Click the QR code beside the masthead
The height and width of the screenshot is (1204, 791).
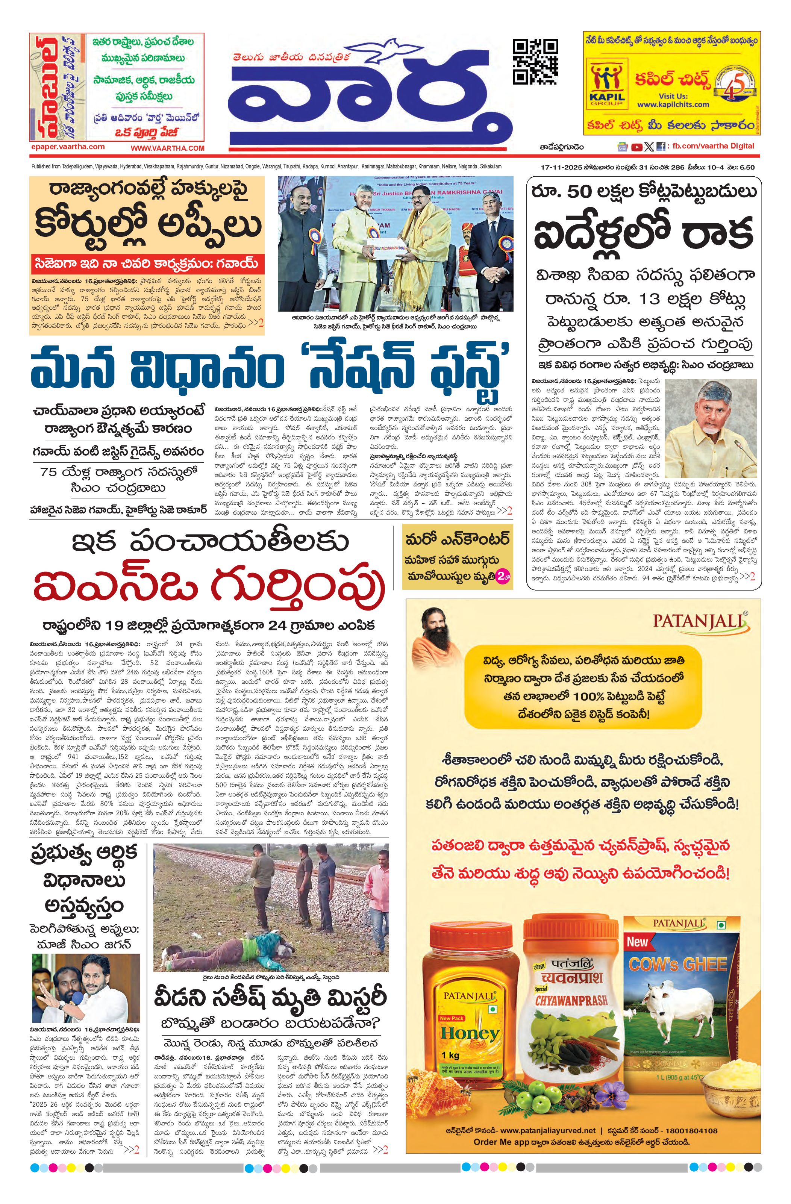[535, 61]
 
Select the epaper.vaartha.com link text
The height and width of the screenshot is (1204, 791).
[67, 147]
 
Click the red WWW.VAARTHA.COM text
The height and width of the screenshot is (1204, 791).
[168, 148]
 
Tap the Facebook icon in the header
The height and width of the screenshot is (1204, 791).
[661, 147]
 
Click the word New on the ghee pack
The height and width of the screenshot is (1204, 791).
[637, 942]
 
